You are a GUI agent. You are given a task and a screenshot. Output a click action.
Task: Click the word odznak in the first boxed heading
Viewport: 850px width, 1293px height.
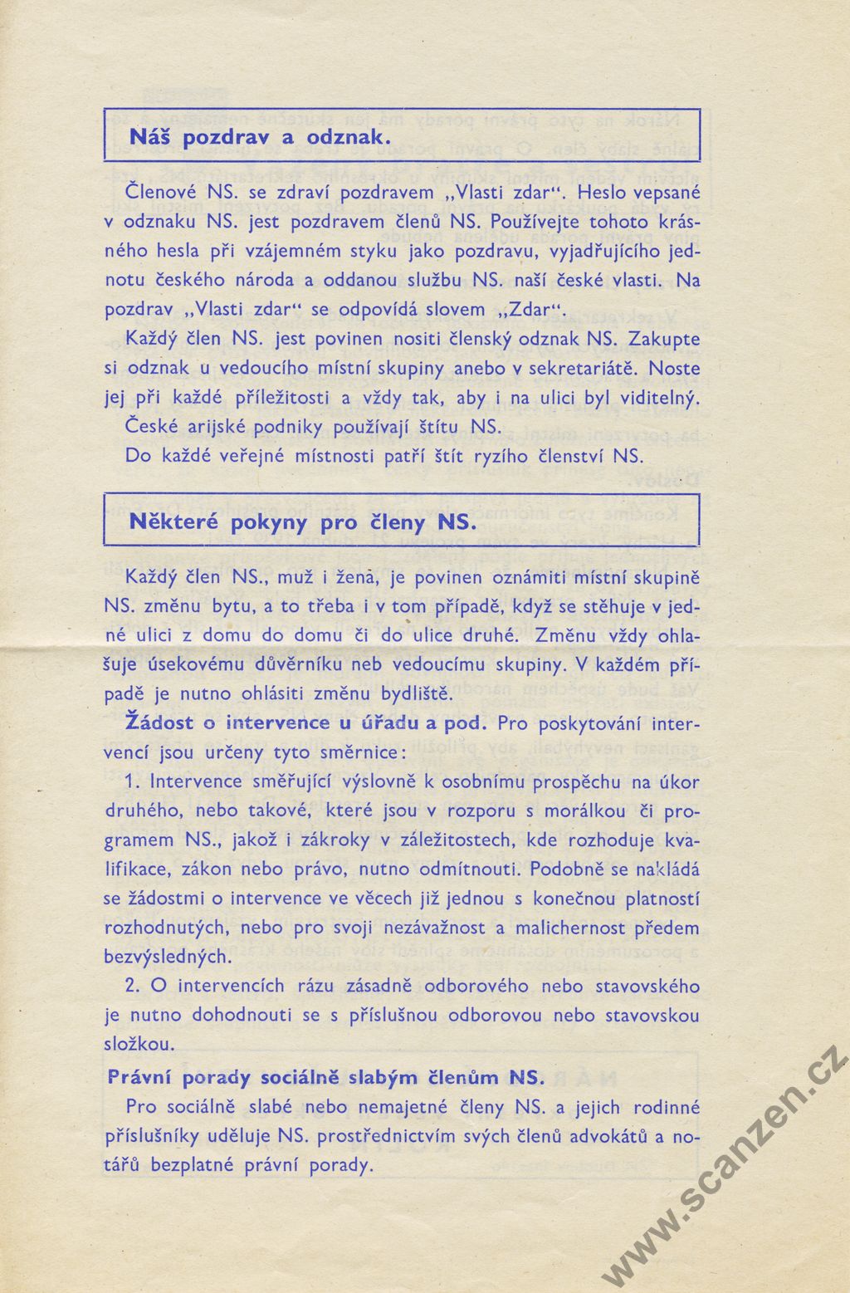347,137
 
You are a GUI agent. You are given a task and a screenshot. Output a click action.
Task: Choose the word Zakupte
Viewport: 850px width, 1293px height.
664,339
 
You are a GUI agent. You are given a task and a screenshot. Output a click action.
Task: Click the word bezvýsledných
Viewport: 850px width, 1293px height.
166,957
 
